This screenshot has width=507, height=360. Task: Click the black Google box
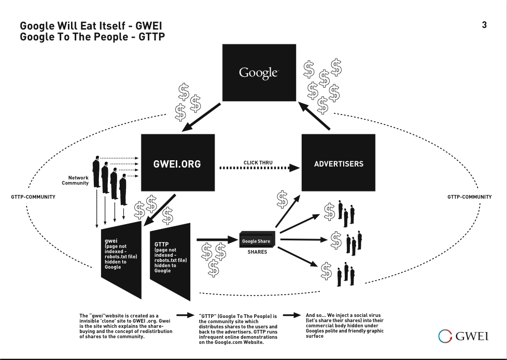pos(259,72)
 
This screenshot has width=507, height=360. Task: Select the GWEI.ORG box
pos(177,163)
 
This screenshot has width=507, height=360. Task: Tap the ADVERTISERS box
pos(339,163)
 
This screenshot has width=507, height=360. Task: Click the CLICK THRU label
pos(258,163)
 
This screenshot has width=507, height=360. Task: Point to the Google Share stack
pos(257,241)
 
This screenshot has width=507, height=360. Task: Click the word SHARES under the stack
pos(257,252)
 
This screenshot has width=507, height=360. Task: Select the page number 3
pos(484,25)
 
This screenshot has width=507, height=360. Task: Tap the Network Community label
pos(76,181)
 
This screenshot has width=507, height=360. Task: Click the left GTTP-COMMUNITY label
pos(33,197)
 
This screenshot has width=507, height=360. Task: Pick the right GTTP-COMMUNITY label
pos(470,197)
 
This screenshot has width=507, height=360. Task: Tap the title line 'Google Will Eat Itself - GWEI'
pos(94,26)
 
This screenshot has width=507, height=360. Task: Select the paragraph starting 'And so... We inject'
pos(345,325)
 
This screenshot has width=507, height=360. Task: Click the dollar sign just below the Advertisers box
pos(282,199)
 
